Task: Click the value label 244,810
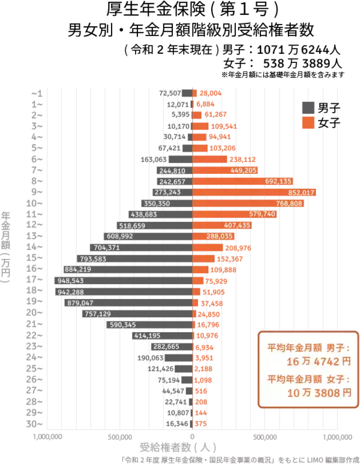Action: point(173,171)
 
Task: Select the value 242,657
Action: point(173,182)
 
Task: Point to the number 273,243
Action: point(167,192)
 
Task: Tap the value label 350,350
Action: point(157,204)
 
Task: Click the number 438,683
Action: point(144,215)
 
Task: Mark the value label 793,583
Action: point(93,259)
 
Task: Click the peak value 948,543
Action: point(71,281)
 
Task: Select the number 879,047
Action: point(80,303)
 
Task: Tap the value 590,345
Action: point(123,325)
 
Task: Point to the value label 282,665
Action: point(166,347)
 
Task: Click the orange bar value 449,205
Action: point(244,171)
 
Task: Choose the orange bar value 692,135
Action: point(278,182)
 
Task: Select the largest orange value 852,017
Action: point(302,192)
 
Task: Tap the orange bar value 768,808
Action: point(289,204)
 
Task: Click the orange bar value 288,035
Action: point(219,237)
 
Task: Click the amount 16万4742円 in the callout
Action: point(318,361)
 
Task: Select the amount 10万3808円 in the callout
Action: point(319,393)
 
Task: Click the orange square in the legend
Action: point(308,122)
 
